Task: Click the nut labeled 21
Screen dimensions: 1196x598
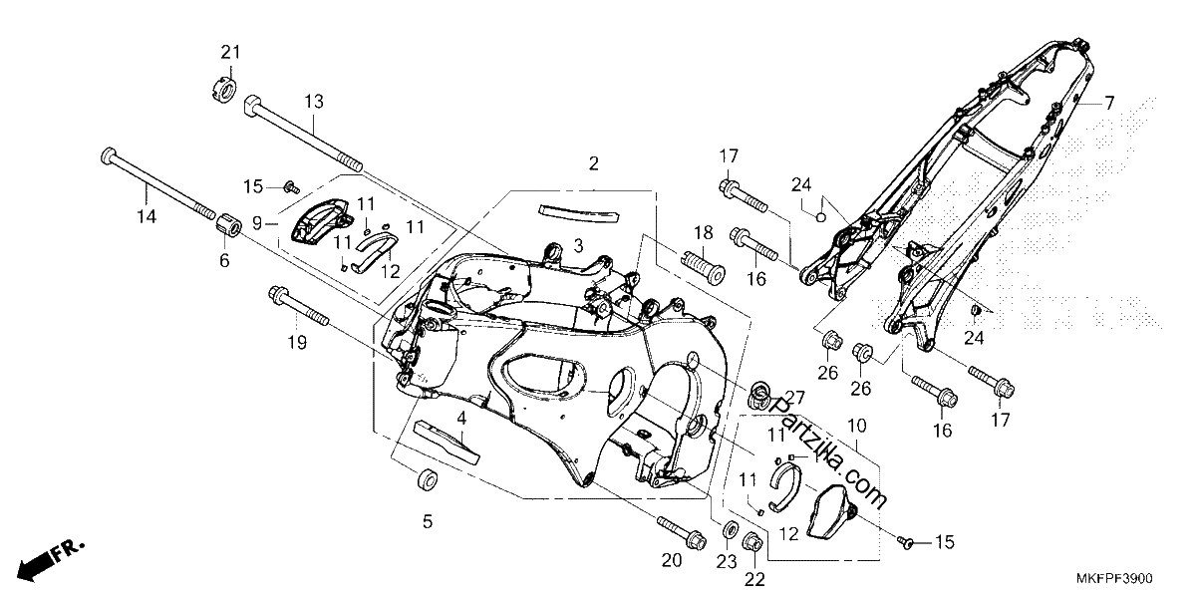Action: pyautogui.click(x=221, y=91)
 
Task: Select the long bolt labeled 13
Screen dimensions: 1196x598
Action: pyautogui.click(x=303, y=133)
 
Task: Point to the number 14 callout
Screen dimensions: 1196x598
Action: pyautogui.click(x=147, y=217)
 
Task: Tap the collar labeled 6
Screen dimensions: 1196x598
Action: pyautogui.click(x=228, y=230)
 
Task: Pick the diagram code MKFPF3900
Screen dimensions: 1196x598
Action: pyautogui.click(x=1114, y=578)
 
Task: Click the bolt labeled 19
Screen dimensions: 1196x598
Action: pyautogui.click(x=299, y=307)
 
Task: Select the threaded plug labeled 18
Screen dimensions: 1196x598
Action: pyautogui.click(x=704, y=268)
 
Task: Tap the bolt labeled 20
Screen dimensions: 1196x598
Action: pyautogui.click(x=682, y=531)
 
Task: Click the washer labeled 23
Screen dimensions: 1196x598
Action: pyautogui.click(x=730, y=529)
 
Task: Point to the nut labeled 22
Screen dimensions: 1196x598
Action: pyautogui.click(x=753, y=543)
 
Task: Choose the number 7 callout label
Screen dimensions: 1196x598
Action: pyautogui.click(x=1109, y=102)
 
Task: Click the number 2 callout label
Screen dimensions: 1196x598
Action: pyautogui.click(x=594, y=163)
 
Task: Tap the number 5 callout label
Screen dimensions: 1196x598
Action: pyautogui.click(x=428, y=521)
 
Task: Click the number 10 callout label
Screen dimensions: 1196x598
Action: pyautogui.click(x=856, y=427)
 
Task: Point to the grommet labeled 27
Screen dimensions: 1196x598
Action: pyautogui.click(x=760, y=397)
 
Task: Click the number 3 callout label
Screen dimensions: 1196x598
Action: pyautogui.click(x=579, y=246)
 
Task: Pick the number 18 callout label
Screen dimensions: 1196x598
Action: pyautogui.click(x=704, y=233)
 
